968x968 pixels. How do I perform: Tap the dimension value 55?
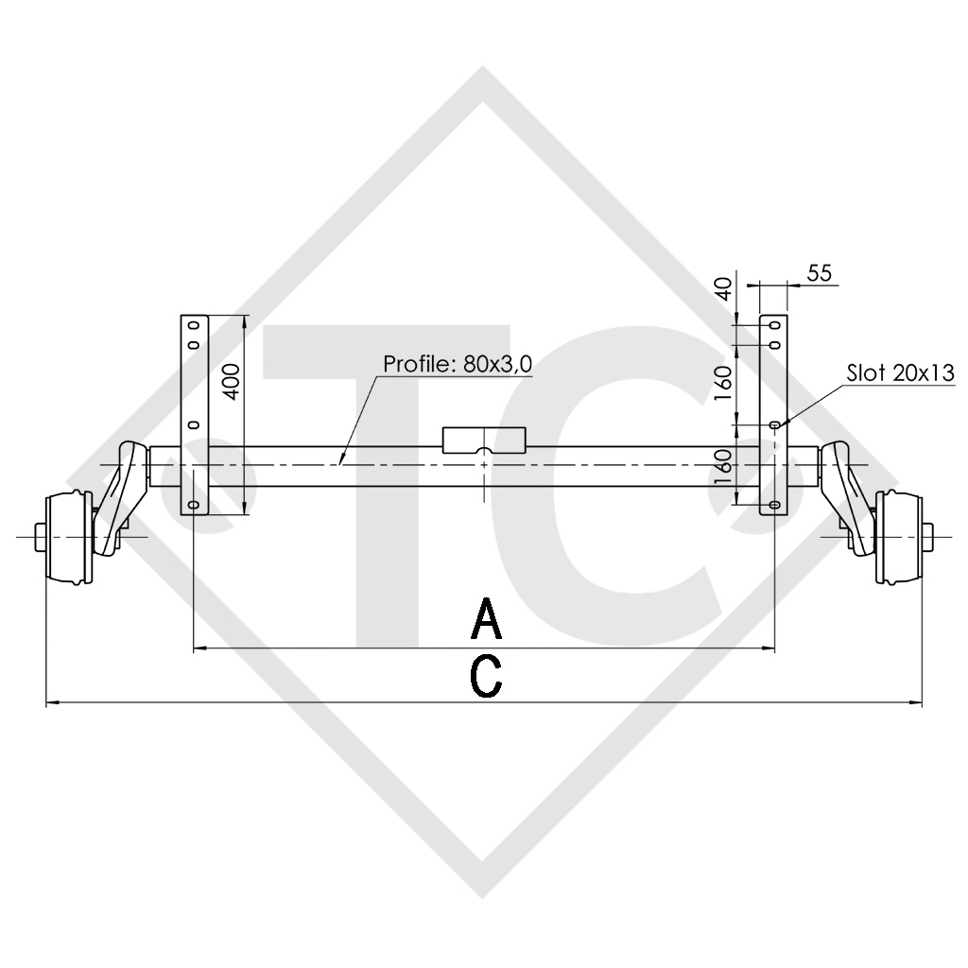point(819,273)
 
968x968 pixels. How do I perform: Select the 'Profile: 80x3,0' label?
point(458,365)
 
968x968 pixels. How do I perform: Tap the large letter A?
point(486,620)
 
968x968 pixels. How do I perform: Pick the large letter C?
point(486,677)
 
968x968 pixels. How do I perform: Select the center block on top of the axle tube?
point(484,441)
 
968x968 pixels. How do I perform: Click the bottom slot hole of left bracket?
point(194,507)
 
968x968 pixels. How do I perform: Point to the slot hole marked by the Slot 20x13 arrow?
point(774,426)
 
